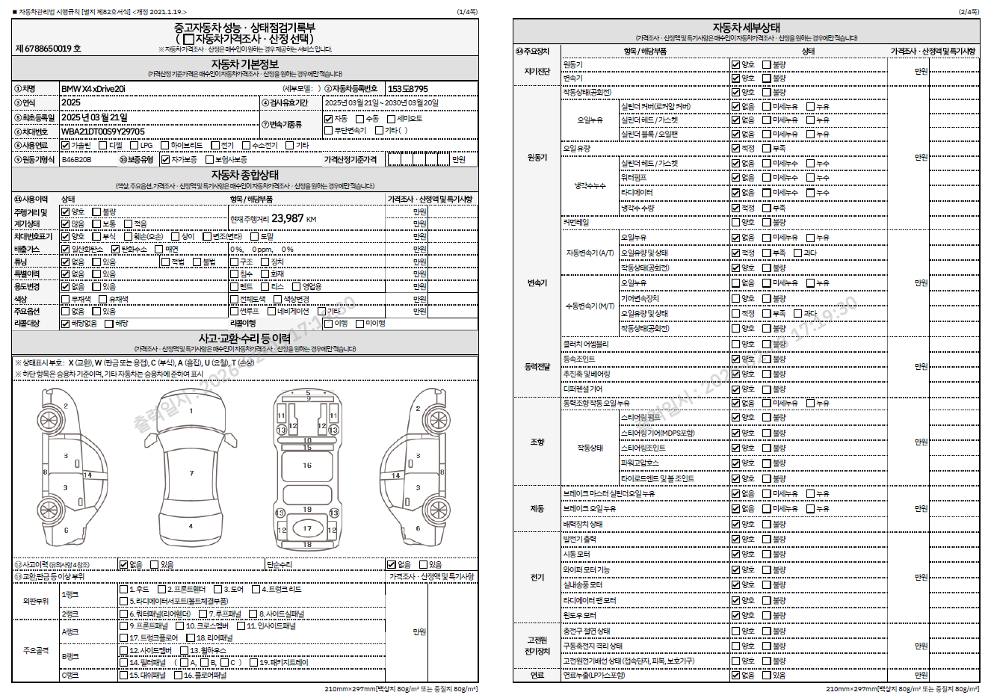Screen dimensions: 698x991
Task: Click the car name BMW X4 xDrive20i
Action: click(93, 89)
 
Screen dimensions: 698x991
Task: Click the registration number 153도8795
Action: click(408, 89)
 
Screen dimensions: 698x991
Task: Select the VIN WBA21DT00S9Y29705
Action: click(103, 132)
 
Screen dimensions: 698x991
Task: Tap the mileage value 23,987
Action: click(288, 218)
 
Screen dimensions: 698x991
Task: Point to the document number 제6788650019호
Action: click(49, 49)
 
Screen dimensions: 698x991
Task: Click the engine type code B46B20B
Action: click(77, 159)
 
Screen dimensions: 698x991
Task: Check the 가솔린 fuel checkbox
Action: click(66, 146)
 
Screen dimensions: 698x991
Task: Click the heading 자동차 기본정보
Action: click(244, 64)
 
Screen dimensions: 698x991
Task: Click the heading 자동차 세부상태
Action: click(746, 28)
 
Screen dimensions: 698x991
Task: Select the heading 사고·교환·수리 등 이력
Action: click(244, 339)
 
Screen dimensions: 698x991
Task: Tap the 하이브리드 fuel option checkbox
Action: click(165, 146)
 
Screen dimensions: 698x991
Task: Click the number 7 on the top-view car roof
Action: click(191, 473)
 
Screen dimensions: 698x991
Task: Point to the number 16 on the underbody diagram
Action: click(307, 465)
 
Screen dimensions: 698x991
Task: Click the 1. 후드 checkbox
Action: click(124, 589)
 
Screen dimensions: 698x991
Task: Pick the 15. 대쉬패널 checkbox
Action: click(124, 675)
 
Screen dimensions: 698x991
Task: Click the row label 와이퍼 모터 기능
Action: click(587, 569)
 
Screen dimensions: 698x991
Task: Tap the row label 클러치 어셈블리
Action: click(586, 344)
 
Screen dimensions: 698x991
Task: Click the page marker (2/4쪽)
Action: click(969, 12)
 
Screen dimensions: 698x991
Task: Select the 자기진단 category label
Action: click(537, 72)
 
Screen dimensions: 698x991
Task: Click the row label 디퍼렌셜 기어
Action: click(583, 389)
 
